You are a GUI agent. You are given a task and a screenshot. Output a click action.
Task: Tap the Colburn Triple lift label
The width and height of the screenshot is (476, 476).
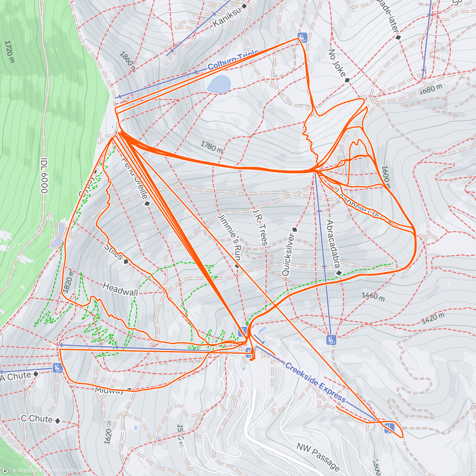pos(233,60)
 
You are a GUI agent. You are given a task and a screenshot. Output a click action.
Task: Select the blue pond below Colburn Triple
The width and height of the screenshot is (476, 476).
pos(219,84)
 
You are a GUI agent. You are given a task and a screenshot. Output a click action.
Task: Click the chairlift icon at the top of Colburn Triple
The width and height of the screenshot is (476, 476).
pos(303,38)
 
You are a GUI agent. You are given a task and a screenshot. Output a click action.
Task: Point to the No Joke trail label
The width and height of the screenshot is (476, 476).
pos(337,63)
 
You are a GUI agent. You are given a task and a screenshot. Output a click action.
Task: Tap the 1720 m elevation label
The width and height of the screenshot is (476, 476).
pos(9,51)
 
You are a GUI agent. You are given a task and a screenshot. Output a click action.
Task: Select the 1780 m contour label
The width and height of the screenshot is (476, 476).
pos(211,147)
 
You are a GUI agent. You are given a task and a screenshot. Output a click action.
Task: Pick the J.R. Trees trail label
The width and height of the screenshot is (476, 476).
pos(260,228)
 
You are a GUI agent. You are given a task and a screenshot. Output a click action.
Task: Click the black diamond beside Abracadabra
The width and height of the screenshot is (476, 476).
pos(339,273)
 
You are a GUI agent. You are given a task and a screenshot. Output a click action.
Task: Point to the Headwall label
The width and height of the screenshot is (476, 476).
pos(120,289)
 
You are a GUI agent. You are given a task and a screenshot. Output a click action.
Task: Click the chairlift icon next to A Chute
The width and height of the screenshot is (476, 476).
pos(58,368)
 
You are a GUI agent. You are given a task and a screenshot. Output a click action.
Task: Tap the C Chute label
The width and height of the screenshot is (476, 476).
pos(36,419)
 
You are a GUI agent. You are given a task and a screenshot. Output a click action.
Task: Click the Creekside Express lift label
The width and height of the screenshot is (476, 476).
pos(315,382)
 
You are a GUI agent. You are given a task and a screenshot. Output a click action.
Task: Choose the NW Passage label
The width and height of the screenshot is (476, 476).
pos(318,456)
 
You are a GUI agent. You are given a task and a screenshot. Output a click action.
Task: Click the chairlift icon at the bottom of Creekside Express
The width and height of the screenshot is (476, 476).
pos(389,428)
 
